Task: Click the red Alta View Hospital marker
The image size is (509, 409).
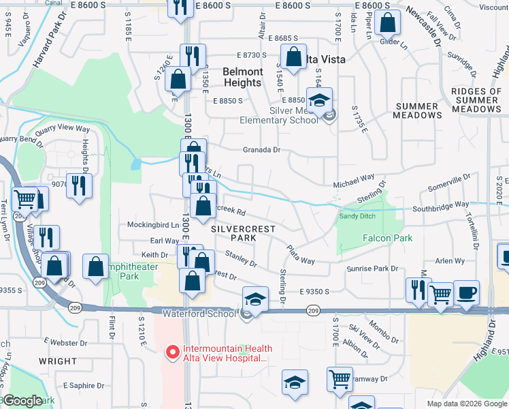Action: tap(173, 352)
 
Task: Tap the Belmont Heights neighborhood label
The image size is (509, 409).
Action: tap(243, 77)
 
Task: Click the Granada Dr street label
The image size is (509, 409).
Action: tap(262, 150)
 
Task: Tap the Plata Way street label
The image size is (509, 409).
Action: tap(300, 256)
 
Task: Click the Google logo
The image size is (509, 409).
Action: tap(22, 400)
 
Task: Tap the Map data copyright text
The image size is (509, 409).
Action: tap(466, 404)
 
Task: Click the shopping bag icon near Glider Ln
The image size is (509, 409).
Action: tap(387, 22)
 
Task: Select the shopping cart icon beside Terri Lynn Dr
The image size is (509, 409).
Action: tap(24, 199)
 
